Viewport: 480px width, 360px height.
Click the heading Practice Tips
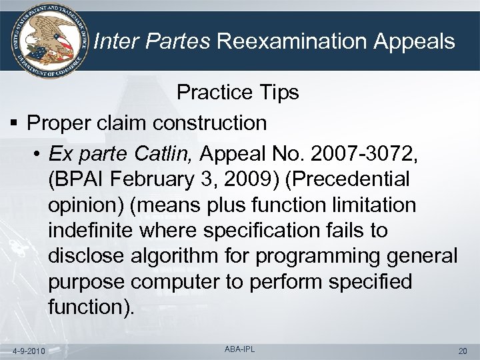tap(237, 93)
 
